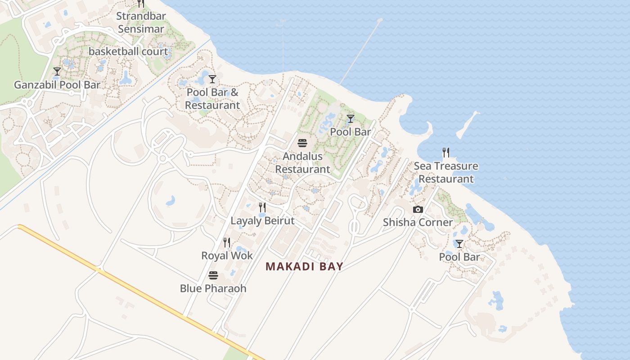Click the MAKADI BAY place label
click(x=304, y=266)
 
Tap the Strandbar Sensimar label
click(x=141, y=22)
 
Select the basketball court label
click(x=128, y=51)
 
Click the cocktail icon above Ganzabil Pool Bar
click(x=57, y=72)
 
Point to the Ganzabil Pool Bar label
click(x=57, y=85)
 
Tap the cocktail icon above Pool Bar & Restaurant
click(x=212, y=80)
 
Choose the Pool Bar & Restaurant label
click(x=212, y=99)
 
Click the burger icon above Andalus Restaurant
click(x=302, y=143)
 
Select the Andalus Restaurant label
click(x=302, y=163)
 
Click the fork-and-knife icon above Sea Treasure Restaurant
click(x=446, y=153)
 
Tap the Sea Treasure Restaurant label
click(x=446, y=172)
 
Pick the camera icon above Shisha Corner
click(x=418, y=209)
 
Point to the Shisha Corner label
click(x=418, y=222)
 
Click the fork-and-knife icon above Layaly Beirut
click(x=262, y=207)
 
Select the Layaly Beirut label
click(x=262, y=221)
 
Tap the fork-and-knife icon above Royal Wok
click(x=227, y=243)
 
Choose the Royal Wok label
click(x=227, y=256)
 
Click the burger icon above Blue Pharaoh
click(x=213, y=275)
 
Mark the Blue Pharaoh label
click(x=213, y=288)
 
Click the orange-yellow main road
click(x=135, y=288)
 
